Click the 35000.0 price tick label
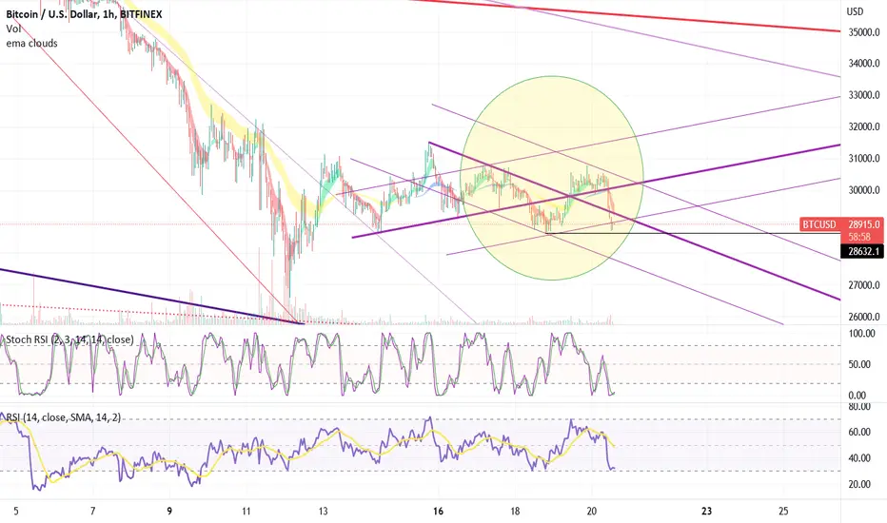click(864, 32)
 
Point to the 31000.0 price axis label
click(864, 159)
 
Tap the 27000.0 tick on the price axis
click(864, 285)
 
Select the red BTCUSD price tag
click(819, 224)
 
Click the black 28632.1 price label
click(862, 251)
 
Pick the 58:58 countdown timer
click(859, 237)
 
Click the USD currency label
click(855, 11)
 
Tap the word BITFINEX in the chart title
click(141, 14)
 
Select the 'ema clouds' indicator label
click(31, 43)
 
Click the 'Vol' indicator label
click(13, 29)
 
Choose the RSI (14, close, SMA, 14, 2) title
click(64, 417)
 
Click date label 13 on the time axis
click(323, 512)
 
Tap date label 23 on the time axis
click(706, 512)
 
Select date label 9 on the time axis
click(169, 512)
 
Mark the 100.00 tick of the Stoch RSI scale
click(861, 334)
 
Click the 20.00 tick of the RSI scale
click(859, 484)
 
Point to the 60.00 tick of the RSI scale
click(859, 432)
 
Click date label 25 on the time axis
click(783, 512)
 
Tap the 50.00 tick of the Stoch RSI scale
click(859, 365)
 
